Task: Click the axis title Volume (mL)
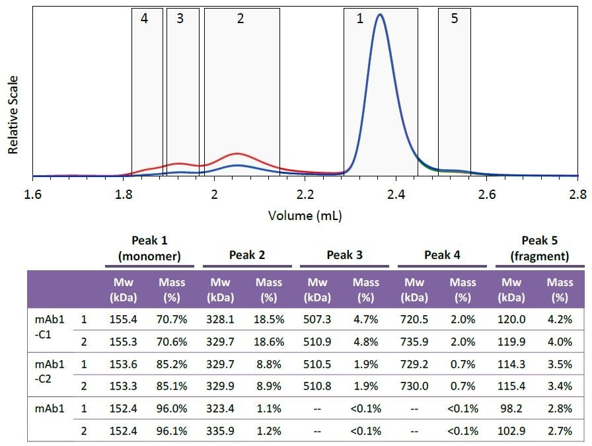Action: [x=305, y=215]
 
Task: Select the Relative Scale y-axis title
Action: [x=13, y=115]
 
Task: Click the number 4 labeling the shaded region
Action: [x=144, y=19]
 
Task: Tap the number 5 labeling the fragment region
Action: [x=454, y=19]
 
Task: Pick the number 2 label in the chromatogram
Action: [x=240, y=19]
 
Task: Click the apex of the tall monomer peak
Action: [x=379, y=15]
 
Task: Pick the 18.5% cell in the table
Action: [x=268, y=319]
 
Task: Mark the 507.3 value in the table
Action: [x=318, y=319]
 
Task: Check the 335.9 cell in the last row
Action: [x=220, y=432]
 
